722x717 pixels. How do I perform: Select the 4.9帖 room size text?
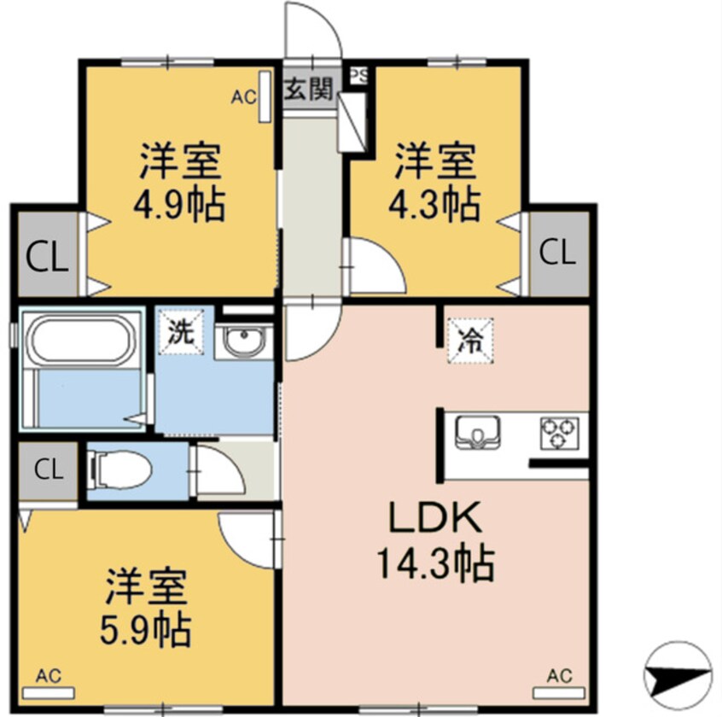[x=181, y=205]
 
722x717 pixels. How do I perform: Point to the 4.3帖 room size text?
[x=436, y=205]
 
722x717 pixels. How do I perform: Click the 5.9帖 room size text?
[x=147, y=630]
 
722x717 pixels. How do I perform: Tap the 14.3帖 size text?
[x=436, y=563]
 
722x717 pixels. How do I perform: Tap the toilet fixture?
[x=120, y=469]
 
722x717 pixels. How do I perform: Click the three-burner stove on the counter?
[x=559, y=431]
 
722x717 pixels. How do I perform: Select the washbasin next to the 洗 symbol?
[x=242, y=343]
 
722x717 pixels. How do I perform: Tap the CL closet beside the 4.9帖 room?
[x=45, y=257]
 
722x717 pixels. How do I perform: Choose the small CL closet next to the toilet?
[x=49, y=468]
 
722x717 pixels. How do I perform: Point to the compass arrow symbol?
[x=677, y=676]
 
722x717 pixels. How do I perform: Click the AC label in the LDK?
[x=559, y=675]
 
